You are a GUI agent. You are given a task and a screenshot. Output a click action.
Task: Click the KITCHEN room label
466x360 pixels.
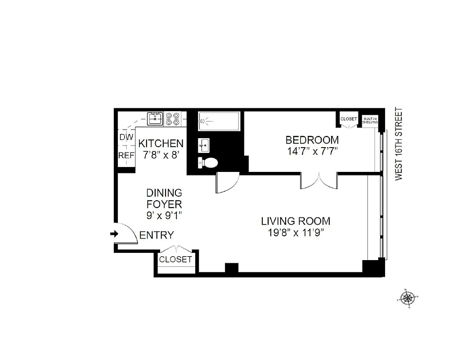click(161, 144)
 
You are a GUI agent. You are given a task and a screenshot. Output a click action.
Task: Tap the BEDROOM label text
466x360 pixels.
click(312, 139)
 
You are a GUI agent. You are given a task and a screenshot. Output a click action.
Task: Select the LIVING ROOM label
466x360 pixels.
click(296, 221)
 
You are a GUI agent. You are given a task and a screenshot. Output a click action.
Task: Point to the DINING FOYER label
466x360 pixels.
click(164, 198)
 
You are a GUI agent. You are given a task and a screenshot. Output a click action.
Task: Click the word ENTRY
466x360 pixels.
click(157, 235)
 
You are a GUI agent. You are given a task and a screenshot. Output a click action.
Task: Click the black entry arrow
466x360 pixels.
click(114, 234)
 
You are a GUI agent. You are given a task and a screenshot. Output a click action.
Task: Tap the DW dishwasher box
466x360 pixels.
click(126, 137)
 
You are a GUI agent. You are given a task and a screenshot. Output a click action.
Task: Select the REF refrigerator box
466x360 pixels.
click(126, 155)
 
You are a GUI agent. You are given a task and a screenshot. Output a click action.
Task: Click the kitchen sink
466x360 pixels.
click(156, 119)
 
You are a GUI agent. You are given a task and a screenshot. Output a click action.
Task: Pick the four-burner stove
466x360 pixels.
click(172, 119)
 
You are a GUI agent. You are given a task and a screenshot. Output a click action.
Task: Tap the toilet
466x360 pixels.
click(208, 162)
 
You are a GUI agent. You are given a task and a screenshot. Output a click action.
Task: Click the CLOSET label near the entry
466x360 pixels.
click(175, 260)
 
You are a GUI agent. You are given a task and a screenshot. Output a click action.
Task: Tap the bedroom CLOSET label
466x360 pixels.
click(349, 119)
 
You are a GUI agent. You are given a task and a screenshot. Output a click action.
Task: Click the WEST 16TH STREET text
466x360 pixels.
click(398, 144)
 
